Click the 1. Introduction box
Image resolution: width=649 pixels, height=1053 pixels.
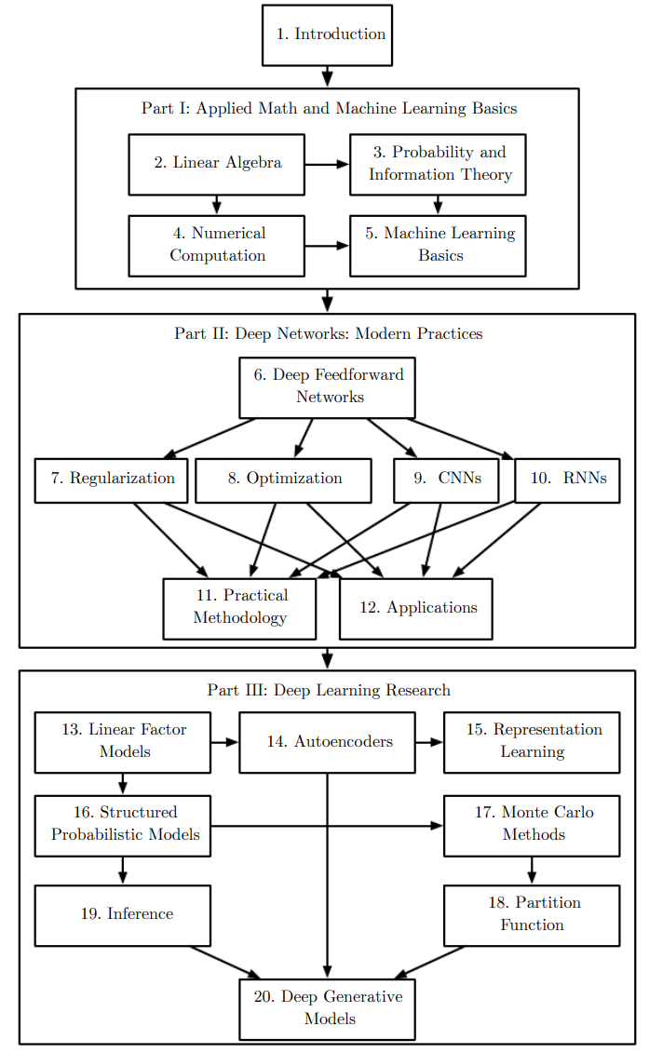(x=327, y=34)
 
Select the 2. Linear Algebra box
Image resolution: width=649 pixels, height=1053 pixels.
(x=216, y=164)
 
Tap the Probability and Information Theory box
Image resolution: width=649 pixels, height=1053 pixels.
(x=438, y=164)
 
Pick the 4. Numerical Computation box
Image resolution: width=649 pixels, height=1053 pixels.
(x=216, y=246)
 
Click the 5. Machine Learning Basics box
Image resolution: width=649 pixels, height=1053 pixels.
(x=438, y=246)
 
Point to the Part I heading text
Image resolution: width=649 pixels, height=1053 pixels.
(x=329, y=108)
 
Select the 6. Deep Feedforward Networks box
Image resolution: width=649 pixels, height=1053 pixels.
(x=327, y=387)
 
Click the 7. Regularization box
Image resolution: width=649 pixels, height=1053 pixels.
(x=111, y=479)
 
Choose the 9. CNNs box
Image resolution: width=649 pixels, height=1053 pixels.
(x=445, y=479)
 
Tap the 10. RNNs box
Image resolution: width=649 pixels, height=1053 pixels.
(x=567, y=479)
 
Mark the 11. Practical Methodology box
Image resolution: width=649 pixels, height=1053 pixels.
(x=239, y=608)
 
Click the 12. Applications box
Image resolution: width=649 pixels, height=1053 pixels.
(x=415, y=608)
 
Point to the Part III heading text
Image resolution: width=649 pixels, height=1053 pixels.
(x=329, y=690)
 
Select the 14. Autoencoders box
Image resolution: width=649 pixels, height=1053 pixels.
(x=327, y=742)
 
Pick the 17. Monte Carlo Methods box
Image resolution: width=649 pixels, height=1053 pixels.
(x=532, y=825)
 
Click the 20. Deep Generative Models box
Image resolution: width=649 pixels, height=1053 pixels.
(x=327, y=1008)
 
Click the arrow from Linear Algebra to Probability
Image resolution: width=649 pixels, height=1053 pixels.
(x=327, y=165)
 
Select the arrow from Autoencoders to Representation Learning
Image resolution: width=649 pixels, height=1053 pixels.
(x=429, y=742)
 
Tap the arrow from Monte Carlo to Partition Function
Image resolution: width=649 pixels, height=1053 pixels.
(x=532, y=871)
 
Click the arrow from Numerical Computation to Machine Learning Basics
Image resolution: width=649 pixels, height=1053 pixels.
(x=327, y=246)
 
